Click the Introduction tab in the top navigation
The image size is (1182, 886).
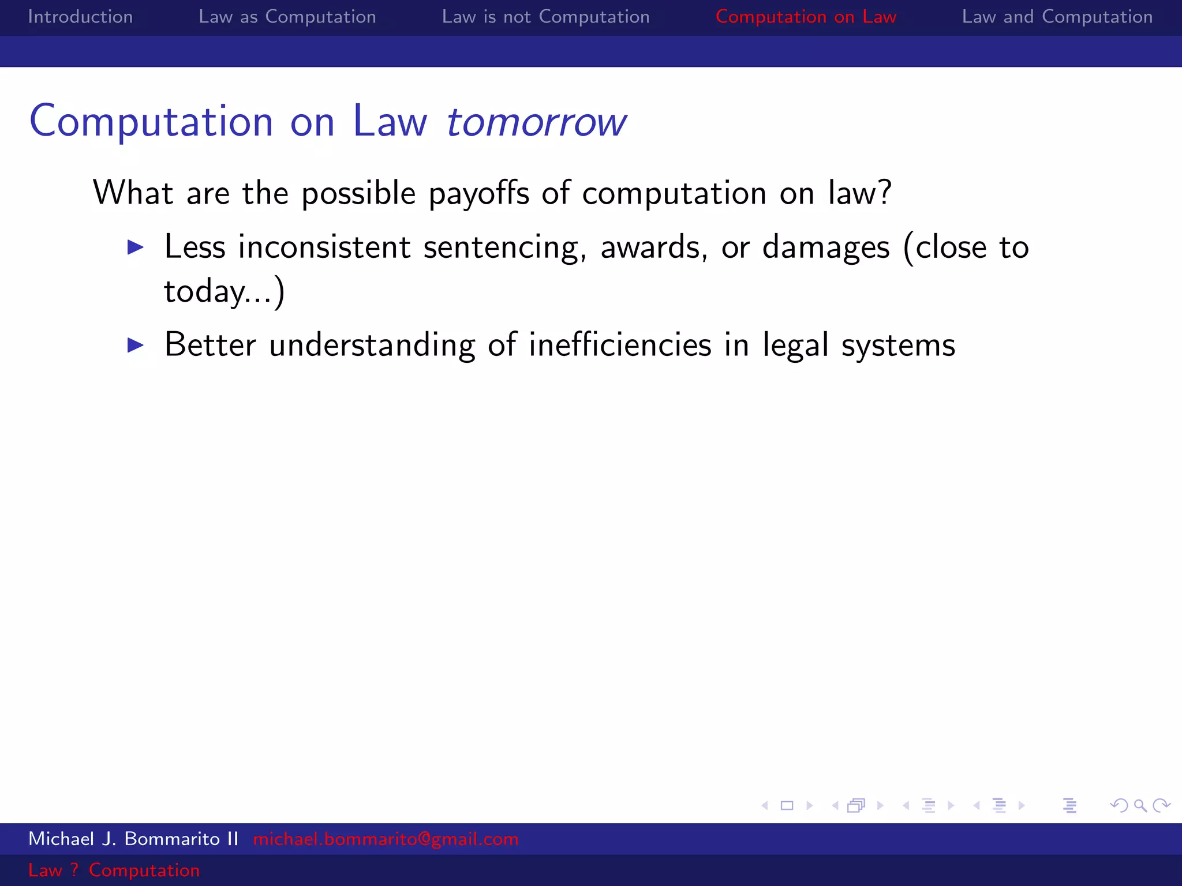80,17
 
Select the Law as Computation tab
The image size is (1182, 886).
287,17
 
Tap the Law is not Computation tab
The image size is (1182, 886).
545,17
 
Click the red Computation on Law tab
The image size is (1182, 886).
806,17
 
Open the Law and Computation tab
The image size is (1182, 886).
1057,17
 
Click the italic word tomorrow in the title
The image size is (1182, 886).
536,122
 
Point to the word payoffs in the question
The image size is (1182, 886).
478,193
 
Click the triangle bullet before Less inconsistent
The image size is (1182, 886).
136,247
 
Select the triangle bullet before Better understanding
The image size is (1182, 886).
136,345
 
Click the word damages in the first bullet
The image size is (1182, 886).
825,247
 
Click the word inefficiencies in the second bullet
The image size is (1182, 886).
620,345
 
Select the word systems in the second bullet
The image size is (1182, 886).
898,345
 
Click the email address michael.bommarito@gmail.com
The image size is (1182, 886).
386,839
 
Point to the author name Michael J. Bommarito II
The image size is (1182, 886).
133,839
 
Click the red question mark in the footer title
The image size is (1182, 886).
74,870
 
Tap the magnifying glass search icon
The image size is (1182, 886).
1140,805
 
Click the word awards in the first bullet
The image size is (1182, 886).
653,247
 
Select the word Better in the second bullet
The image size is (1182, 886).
210,345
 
